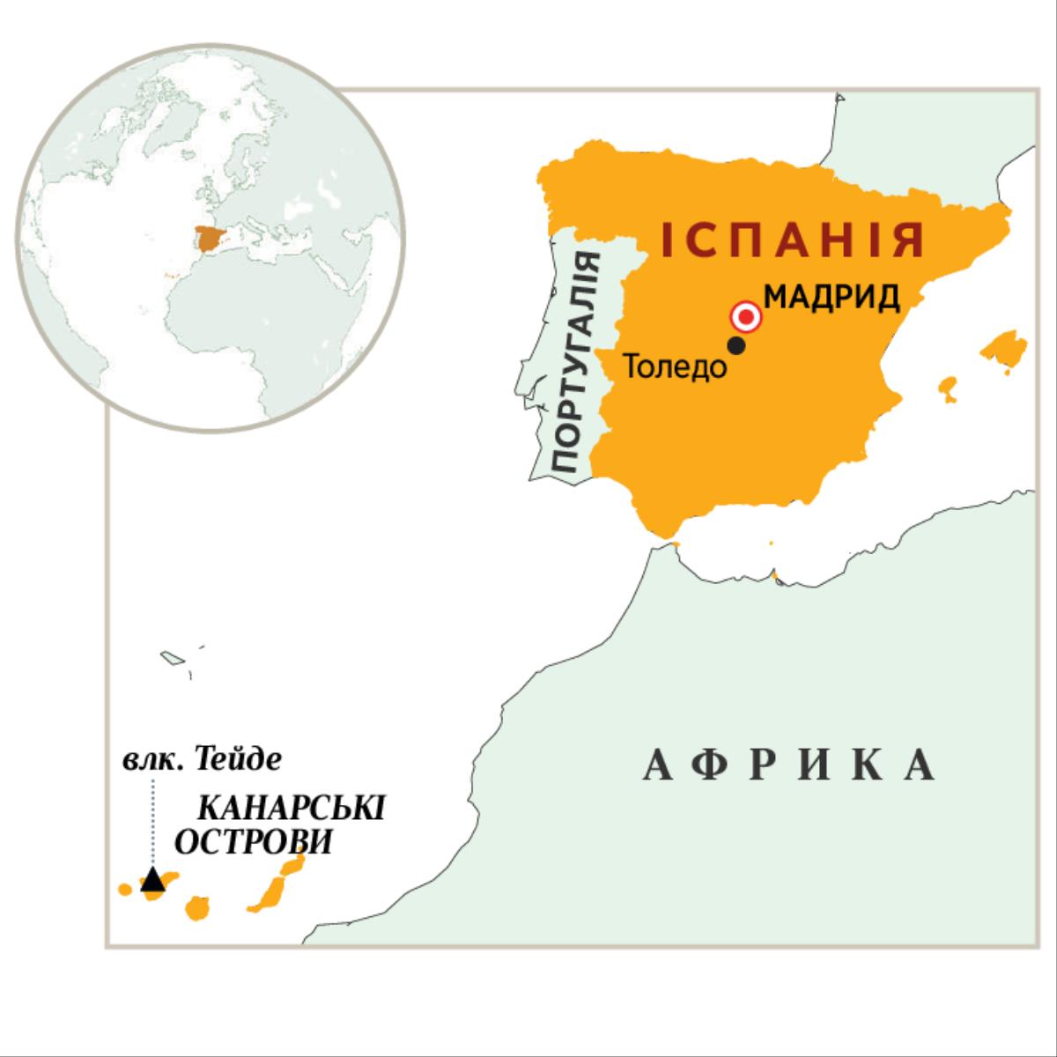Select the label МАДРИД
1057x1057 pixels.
832,297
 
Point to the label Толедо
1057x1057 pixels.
675,367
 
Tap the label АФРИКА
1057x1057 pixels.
789,765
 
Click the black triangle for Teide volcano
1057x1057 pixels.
153,879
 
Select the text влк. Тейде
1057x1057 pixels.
203,759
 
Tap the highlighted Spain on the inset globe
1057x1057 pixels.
211,239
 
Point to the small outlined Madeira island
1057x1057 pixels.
170,657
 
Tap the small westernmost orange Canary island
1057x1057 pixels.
126,889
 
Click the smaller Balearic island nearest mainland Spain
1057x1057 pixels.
948,388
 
